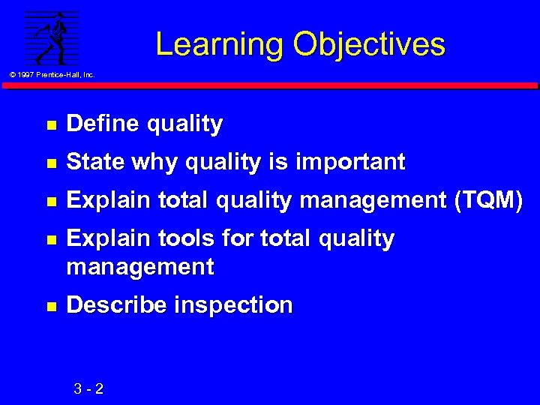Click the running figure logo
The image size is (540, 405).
(x=51, y=37)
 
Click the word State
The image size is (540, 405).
(x=94, y=161)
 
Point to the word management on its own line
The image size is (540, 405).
(x=140, y=266)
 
